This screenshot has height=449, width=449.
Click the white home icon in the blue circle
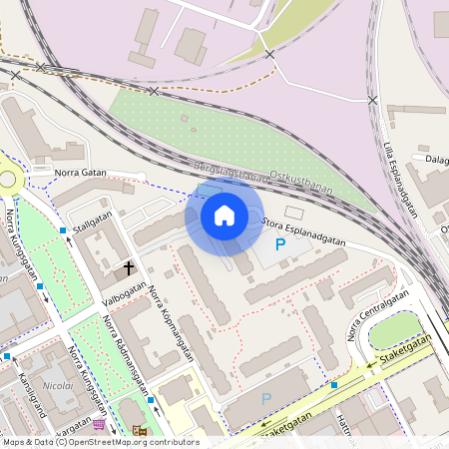point(224,215)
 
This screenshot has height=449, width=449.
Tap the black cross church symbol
point(129,267)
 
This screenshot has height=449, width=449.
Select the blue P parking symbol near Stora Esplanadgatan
point(280,243)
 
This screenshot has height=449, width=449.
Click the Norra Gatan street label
point(80,173)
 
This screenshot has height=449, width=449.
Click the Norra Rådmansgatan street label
point(126,355)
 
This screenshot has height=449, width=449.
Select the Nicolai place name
point(58,384)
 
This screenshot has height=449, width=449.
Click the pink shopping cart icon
point(99,424)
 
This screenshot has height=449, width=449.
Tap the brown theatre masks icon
point(138,430)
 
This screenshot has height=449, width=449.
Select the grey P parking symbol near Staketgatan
point(265,398)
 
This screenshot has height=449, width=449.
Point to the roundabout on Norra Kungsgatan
point(10,180)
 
